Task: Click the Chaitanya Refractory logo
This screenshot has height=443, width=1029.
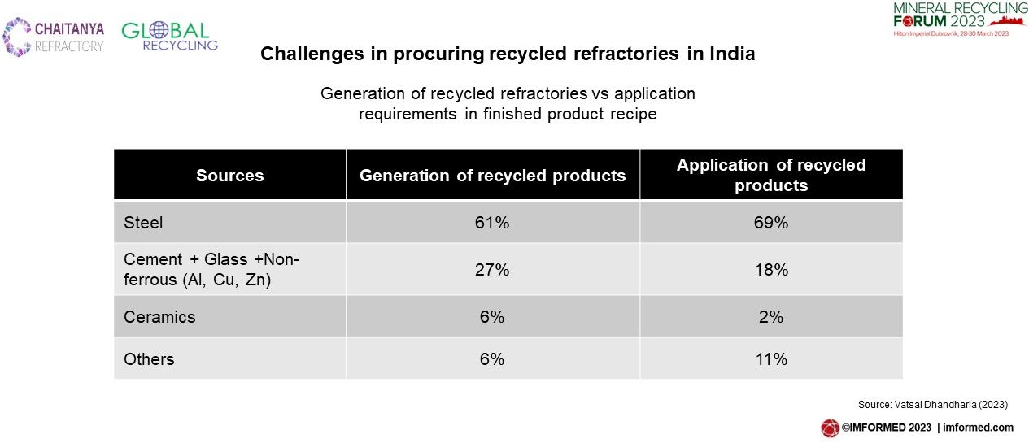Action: [54, 37]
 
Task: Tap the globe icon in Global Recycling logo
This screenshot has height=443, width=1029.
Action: [158, 30]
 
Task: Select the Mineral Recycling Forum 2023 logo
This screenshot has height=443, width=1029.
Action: [960, 20]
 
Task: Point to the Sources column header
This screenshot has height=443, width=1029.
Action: [230, 176]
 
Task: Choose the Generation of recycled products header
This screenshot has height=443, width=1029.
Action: [492, 176]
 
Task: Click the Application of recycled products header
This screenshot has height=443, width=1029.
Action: [771, 175]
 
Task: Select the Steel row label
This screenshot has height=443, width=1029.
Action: [143, 223]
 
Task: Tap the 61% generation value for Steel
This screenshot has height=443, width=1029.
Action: [492, 223]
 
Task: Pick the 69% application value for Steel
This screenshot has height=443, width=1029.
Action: [771, 223]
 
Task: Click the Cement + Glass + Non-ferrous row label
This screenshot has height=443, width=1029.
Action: [211, 270]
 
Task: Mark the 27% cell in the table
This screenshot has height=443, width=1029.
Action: [492, 270]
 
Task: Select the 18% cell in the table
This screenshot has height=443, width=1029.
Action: [771, 270]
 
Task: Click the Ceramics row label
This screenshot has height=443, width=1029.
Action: [159, 317]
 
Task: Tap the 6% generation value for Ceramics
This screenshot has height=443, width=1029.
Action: [492, 317]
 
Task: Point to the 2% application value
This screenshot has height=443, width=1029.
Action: [771, 317]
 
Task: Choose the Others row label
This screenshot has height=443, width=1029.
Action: [149, 359]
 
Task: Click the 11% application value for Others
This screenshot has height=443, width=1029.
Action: [771, 359]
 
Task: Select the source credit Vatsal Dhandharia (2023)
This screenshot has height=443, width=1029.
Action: [951, 405]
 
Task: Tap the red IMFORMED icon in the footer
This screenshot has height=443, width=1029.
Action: [830, 428]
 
